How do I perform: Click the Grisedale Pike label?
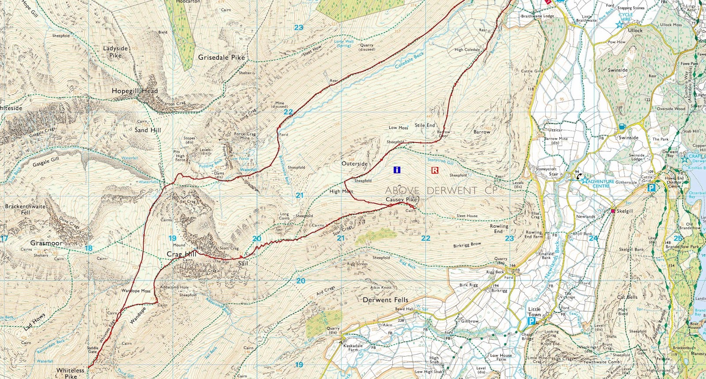tap(221, 57)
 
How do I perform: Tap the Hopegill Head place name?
tap(135, 91)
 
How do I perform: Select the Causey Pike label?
tap(401, 199)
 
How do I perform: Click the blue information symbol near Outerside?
tap(397, 169)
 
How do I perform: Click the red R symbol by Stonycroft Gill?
tap(435, 170)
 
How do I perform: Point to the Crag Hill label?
tap(181, 254)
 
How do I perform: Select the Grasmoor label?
tap(46, 243)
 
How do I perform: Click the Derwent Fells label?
tap(385, 300)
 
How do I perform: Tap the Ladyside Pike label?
tap(116, 52)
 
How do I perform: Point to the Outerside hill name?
tap(354, 164)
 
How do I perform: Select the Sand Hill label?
tap(148, 130)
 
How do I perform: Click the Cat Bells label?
tap(627, 297)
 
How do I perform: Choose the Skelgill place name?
tap(625, 211)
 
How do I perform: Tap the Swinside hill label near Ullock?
tap(618, 70)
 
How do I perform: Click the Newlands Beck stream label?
tap(552, 260)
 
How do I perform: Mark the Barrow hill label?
tap(481, 132)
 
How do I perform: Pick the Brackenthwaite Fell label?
tap(25, 209)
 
